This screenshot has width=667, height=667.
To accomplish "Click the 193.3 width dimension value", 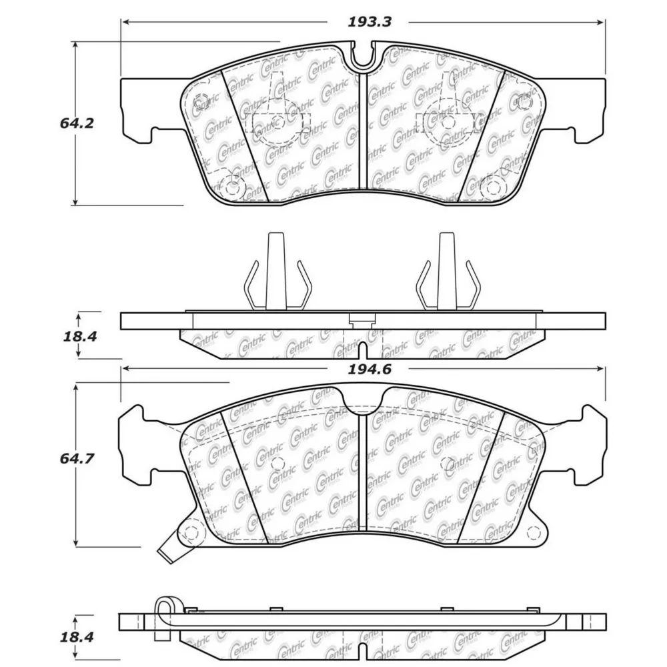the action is [370, 22].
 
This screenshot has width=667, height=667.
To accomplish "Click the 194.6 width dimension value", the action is [370, 370].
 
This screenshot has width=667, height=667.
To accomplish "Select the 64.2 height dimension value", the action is [77, 123].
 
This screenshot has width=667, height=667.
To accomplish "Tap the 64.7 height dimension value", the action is [77, 459].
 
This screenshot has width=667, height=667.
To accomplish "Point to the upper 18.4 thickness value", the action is [80, 337].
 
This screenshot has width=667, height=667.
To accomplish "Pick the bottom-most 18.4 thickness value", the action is [77, 637].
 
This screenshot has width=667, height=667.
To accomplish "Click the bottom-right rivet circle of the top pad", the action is [493, 187].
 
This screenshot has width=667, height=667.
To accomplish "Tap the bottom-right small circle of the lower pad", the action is [533, 532].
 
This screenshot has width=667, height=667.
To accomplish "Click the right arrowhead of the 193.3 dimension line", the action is [601, 22].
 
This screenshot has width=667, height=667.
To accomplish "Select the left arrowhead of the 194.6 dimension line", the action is [126, 369].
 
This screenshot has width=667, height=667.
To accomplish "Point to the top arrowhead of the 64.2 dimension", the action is [76, 46].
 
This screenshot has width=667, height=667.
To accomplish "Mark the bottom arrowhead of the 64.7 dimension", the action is [76, 542].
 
